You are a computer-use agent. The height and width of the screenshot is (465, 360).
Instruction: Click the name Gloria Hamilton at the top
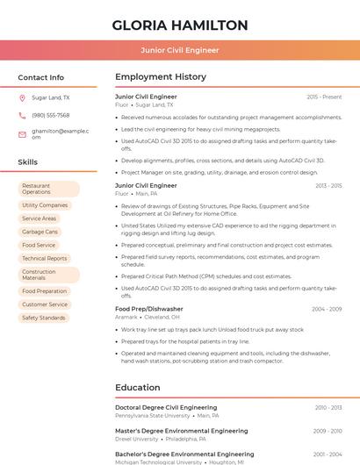[180, 25]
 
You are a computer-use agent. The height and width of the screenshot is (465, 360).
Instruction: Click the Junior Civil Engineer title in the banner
[180, 50]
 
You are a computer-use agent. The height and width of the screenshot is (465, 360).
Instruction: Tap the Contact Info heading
[40, 77]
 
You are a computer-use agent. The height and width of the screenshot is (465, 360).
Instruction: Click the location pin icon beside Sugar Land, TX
[22, 98]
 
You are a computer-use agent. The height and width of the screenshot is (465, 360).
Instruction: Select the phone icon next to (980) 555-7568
[22, 116]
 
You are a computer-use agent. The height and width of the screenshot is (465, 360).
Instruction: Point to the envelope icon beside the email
[22, 134]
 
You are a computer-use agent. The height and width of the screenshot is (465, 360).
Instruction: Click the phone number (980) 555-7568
[51, 116]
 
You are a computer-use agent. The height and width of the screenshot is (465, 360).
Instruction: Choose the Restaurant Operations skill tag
[48, 189]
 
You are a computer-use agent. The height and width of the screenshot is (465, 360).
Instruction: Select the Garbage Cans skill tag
[40, 232]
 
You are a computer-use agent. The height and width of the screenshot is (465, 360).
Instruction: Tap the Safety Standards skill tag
[44, 318]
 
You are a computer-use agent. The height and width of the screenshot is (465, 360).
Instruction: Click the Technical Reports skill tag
[45, 258]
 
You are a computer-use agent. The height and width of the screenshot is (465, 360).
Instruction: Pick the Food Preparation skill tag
[45, 291]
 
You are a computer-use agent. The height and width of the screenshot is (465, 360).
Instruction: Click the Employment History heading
[161, 77]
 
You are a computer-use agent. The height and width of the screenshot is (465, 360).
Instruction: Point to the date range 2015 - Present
[324, 97]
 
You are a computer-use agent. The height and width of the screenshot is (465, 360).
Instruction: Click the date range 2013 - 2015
[328, 186]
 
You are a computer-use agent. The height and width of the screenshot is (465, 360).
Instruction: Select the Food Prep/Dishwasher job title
[149, 309]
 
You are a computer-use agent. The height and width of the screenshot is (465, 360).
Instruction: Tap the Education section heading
[138, 388]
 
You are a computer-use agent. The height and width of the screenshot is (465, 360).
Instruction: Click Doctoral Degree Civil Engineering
[166, 408]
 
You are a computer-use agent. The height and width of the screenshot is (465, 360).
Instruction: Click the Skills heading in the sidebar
[28, 162]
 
